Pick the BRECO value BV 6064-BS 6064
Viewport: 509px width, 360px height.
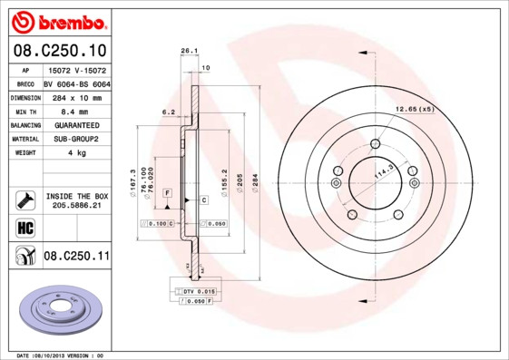pyautogui.click(x=77, y=83)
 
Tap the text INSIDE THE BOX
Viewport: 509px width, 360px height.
pyautogui.click(x=76, y=196)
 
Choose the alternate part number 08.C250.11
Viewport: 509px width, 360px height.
pyautogui.click(x=76, y=257)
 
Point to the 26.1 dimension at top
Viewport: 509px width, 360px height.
pyautogui.click(x=189, y=52)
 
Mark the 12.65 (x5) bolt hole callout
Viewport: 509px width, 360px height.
pyautogui.click(x=414, y=110)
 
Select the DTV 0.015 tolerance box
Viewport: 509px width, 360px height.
pyautogui.click(x=191, y=290)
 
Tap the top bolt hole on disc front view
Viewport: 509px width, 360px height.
pyautogui.click(x=375, y=143)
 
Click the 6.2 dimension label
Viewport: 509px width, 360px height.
pyautogui.click(x=168, y=112)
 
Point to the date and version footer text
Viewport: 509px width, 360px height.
pyautogui.click(x=61, y=355)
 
